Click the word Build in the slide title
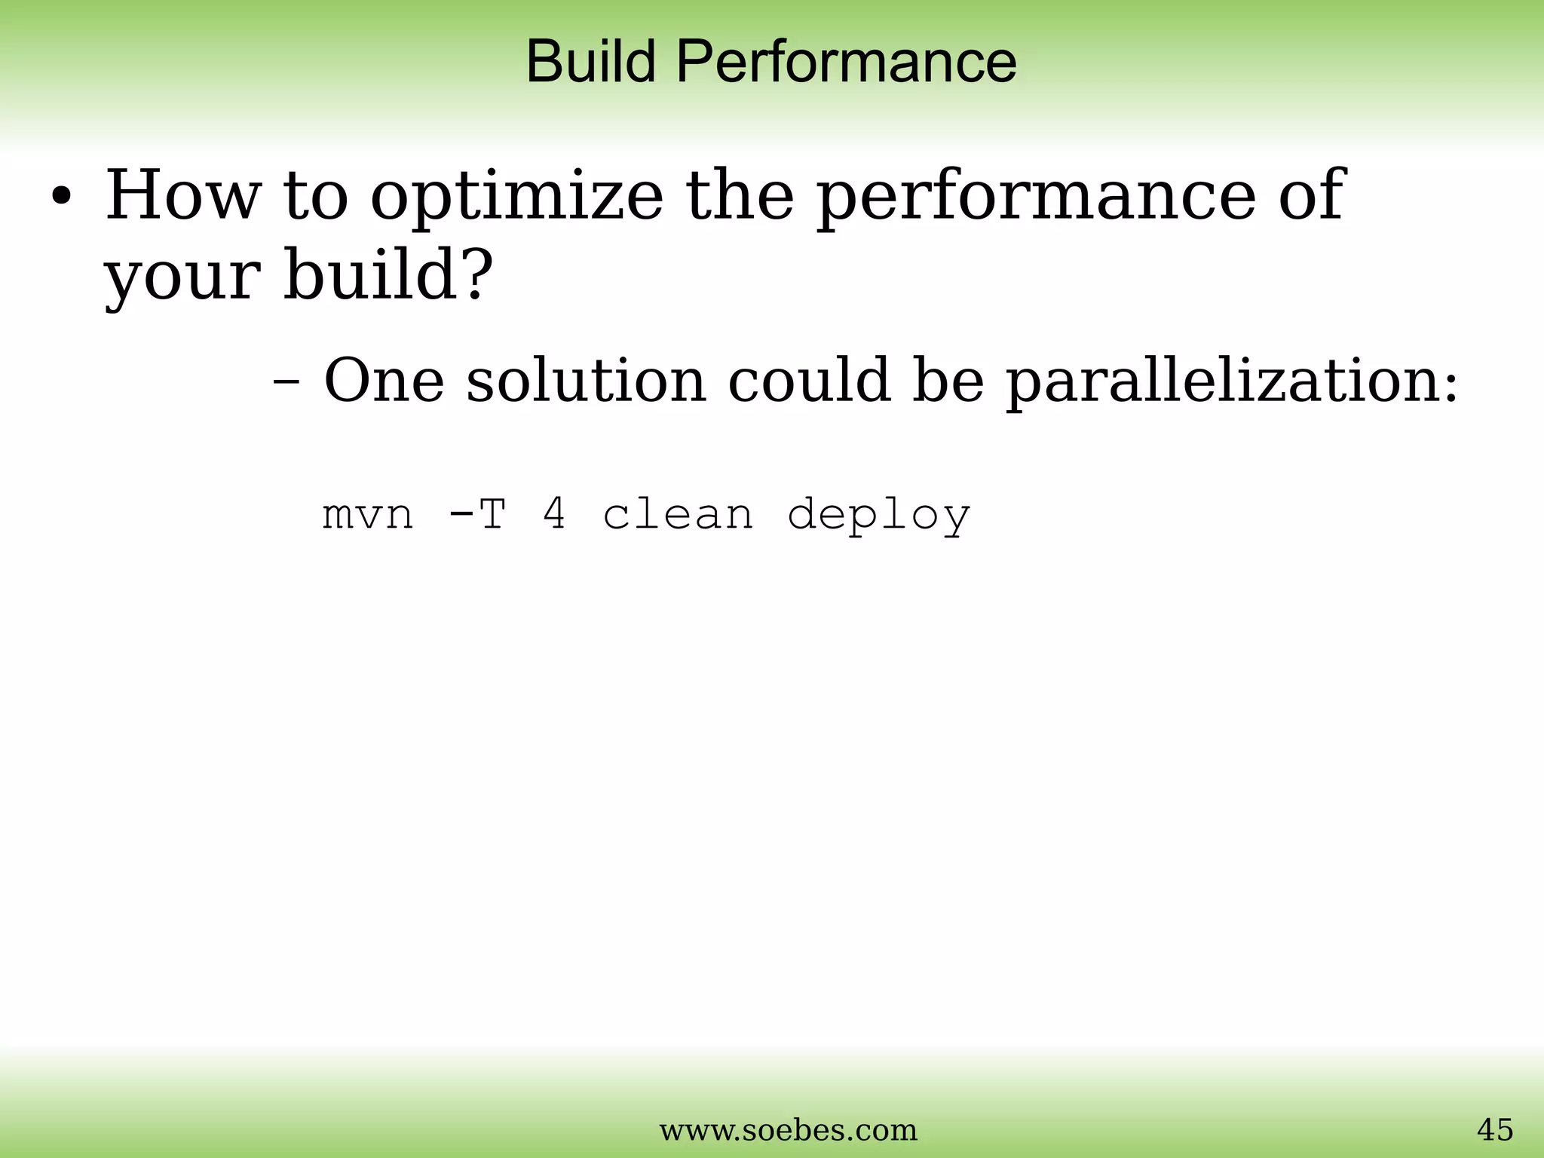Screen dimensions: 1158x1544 coord(590,62)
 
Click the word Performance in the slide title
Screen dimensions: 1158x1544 coord(846,62)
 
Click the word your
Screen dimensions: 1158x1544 coord(181,277)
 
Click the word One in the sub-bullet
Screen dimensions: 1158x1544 coord(384,381)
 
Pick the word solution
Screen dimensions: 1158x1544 coord(586,381)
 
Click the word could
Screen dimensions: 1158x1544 coord(808,381)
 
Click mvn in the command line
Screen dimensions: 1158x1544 coord(368,516)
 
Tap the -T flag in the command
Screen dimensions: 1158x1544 coord(476,516)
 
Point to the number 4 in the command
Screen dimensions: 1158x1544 coord(554,515)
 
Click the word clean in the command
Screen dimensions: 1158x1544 coord(678,515)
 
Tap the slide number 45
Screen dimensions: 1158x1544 coord(1494,1130)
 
